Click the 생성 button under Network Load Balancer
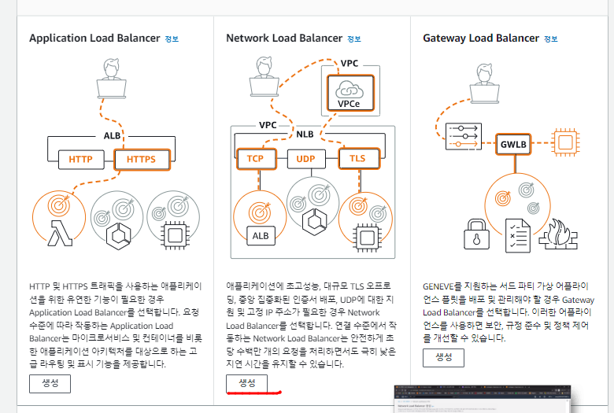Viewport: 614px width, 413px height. coord(247,382)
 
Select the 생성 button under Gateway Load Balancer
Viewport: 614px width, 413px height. coord(443,357)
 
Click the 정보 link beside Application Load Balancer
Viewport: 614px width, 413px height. coord(172,39)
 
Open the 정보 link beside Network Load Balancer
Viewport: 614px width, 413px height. coord(353,39)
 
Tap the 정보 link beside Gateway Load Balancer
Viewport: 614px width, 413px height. coord(549,39)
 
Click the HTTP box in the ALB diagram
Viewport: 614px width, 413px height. coord(81,160)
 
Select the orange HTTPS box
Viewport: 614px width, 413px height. coord(142,160)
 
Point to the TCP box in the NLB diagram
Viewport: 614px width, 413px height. coord(255,158)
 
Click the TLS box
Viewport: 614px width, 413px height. coord(357,158)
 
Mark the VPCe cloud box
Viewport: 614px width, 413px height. coord(350,91)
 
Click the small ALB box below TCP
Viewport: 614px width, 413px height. coord(259,234)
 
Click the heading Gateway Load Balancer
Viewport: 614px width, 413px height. coord(480,38)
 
